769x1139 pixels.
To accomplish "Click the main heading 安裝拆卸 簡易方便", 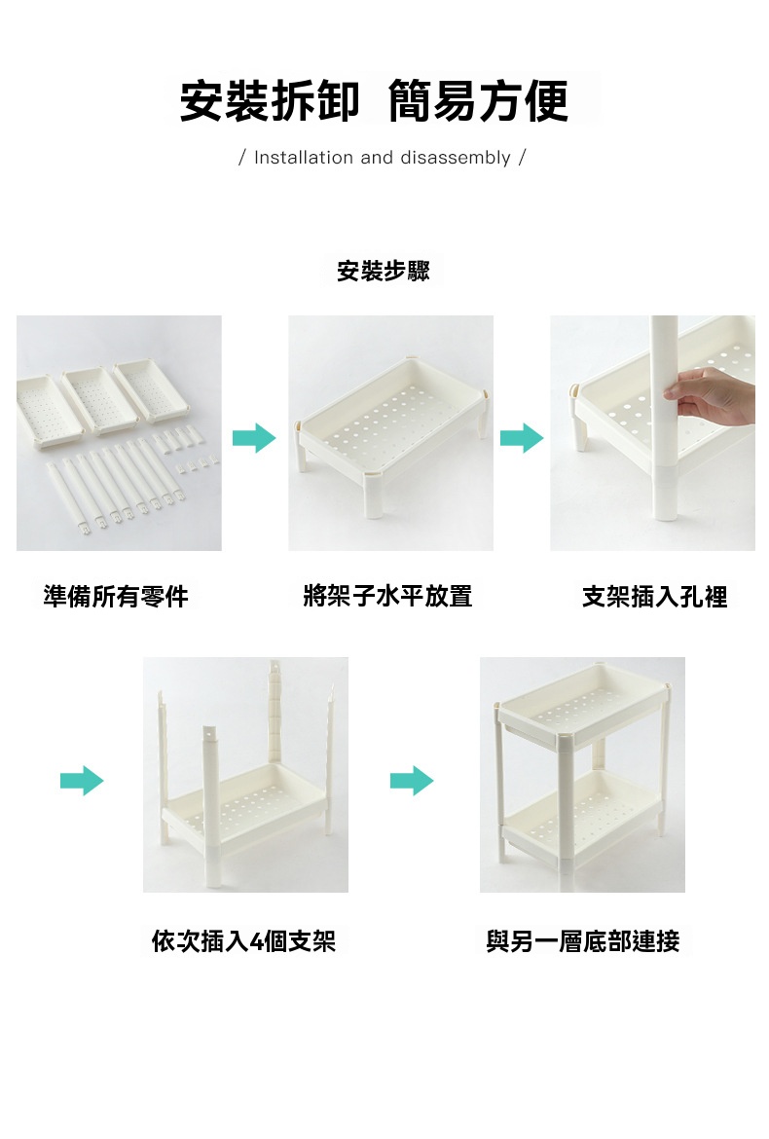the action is coord(373,101).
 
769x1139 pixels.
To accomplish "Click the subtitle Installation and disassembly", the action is coord(382,158).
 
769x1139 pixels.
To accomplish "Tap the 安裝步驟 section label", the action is coord(383,271).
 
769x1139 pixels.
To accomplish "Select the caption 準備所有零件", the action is coord(116,597).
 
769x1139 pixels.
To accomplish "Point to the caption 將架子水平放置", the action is coord(387,597).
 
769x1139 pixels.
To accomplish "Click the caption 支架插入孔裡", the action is coord(655,597).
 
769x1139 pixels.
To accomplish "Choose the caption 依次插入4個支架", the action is coord(244,941).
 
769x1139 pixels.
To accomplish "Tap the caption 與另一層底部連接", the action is coord(582,941).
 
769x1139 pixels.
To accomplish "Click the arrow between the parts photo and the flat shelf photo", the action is coord(254,438).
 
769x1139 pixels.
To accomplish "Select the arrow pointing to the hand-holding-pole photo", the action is coord(522,438).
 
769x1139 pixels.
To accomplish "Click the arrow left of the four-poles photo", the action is coord(82,781).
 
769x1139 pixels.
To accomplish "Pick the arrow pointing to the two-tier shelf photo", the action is coord(412,781).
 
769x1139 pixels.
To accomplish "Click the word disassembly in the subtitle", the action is coord(456,158).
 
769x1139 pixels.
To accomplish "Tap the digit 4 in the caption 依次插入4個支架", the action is coord(256,942).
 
